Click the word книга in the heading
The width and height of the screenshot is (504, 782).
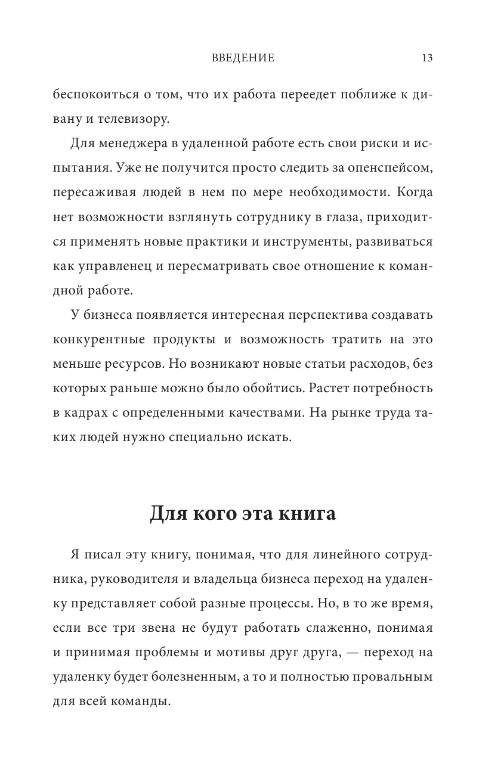[x=308, y=513]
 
